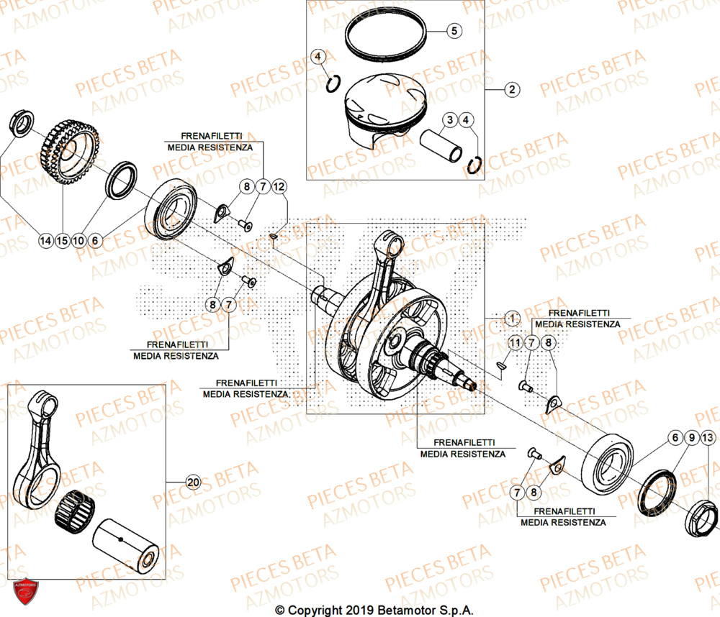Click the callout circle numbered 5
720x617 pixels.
point(454,31)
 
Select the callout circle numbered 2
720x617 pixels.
point(511,90)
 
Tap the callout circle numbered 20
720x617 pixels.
point(192,483)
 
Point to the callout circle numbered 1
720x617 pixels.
point(511,318)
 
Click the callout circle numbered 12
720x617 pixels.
point(279,187)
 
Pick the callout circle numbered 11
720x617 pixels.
point(514,344)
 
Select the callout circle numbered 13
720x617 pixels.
point(708,437)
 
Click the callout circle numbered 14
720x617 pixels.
point(46,241)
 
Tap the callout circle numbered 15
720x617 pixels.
point(63,241)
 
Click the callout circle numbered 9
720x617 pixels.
point(691,437)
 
